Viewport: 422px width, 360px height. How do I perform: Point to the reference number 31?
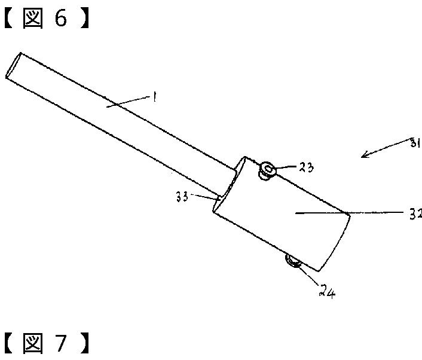pyautogui.click(x=412, y=142)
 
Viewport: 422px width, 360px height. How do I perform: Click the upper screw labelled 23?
pyautogui.click(x=267, y=170)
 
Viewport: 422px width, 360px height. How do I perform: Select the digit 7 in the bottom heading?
pyautogui.click(x=62, y=344)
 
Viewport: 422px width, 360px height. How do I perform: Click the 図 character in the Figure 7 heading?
pyautogui.click(x=33, y=344)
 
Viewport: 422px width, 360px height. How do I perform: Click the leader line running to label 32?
pyautogui.click(x=359, y=212)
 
